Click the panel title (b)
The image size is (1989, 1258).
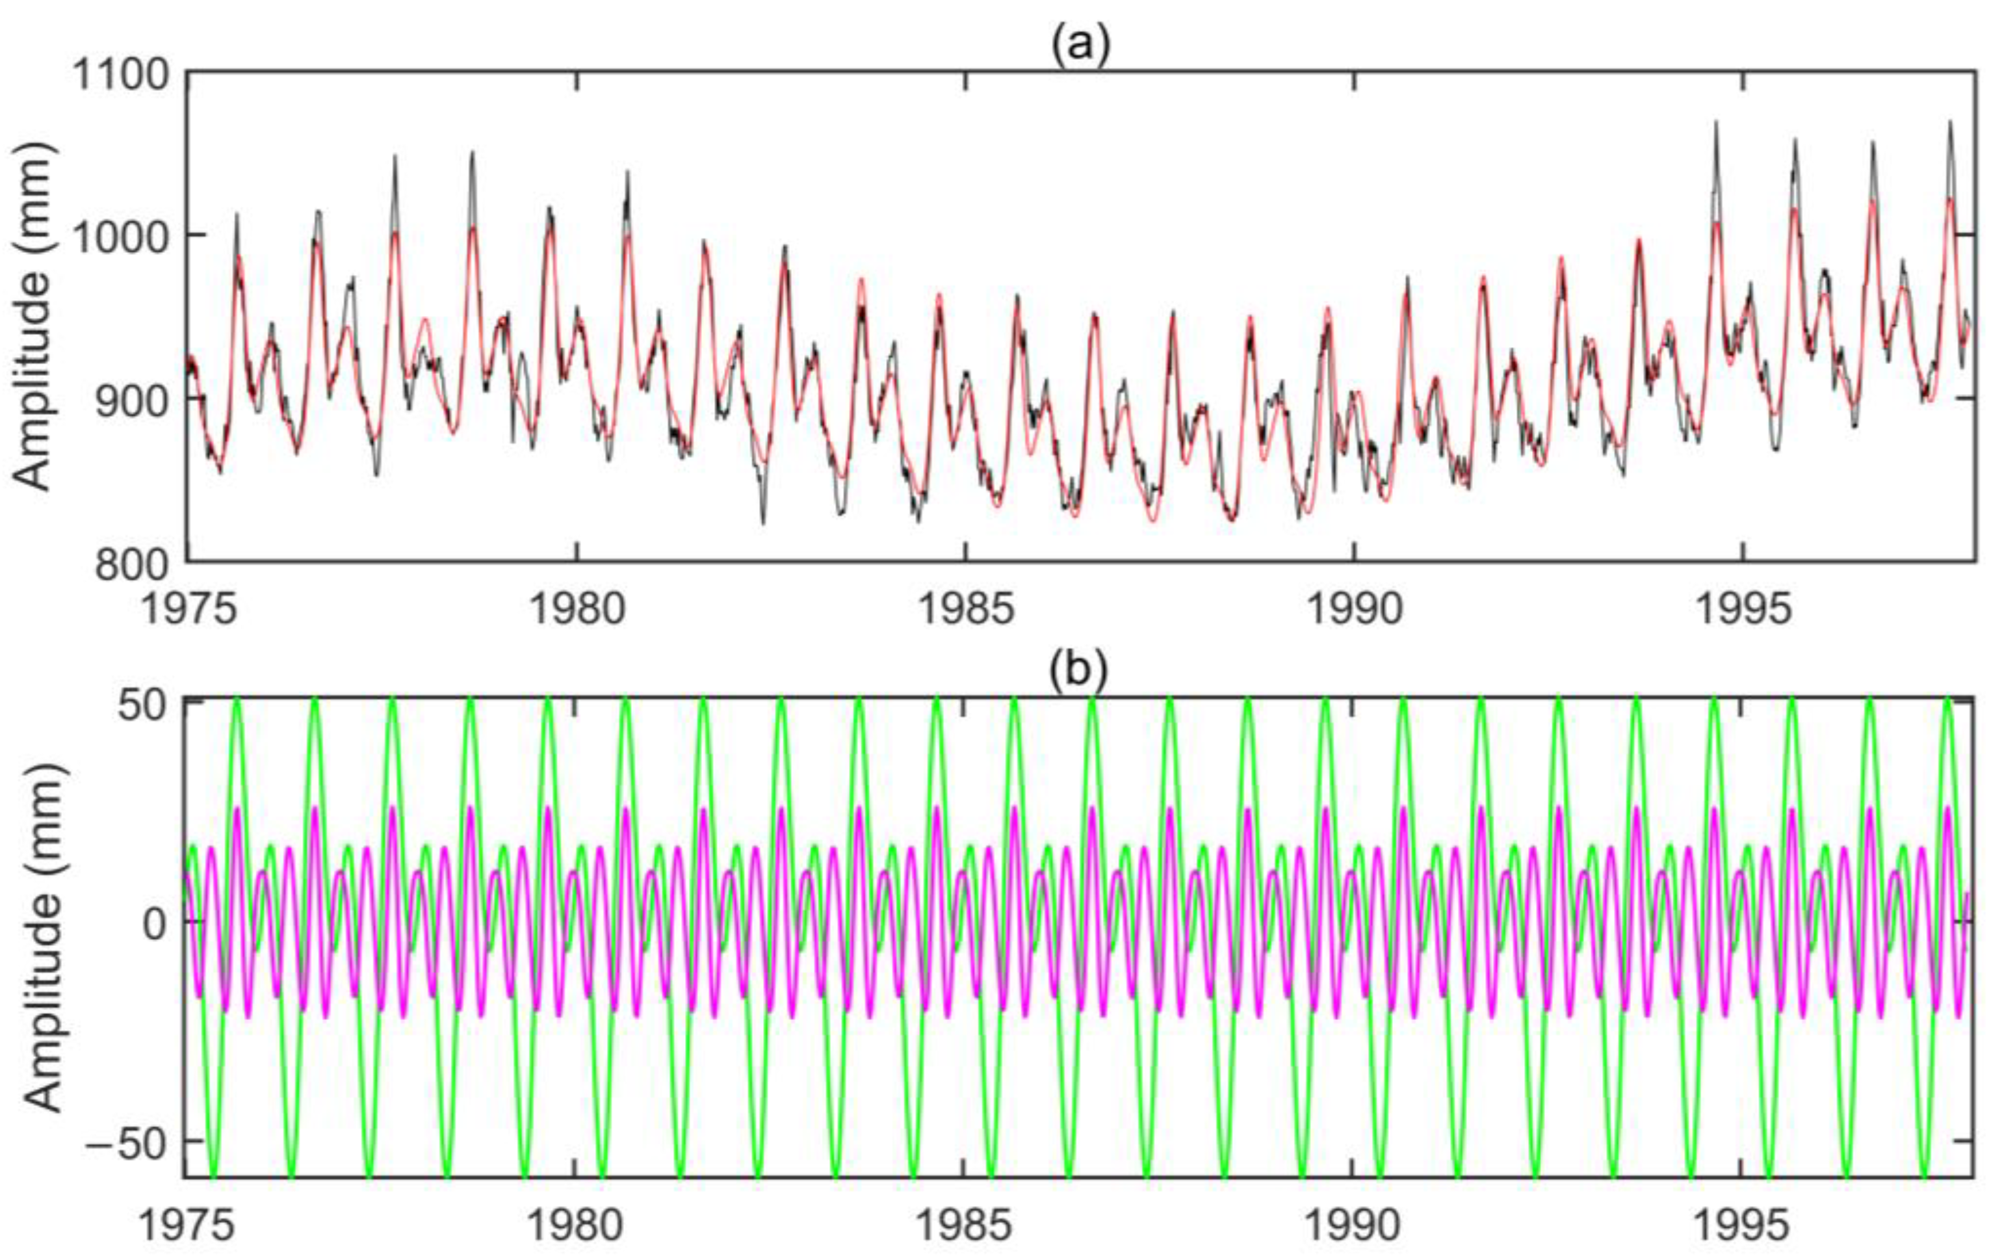[x=1078, y=671]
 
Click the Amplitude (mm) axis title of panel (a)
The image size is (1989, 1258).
[x=33, y=317]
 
